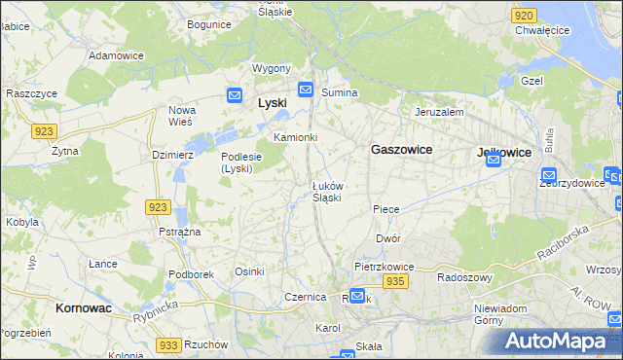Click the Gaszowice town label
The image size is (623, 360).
[401, 150]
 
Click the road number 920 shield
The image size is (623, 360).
[524, 16]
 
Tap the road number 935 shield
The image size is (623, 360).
[394, 281]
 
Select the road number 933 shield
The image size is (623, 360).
[167, 345]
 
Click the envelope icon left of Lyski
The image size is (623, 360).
[235, 94]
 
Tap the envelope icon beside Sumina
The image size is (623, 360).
[306, 90]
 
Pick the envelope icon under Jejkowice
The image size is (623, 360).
[494, 164]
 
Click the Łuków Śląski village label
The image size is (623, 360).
[327, 191]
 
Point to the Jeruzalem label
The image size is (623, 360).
[438, 112]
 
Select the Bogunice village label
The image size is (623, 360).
[209, 23]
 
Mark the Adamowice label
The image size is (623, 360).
[116, 55]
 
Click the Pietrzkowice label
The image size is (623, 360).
[385, 266]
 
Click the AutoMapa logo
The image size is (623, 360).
[557, 342]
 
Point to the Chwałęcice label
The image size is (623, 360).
[541, 30]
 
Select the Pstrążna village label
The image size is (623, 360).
[179, 233]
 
